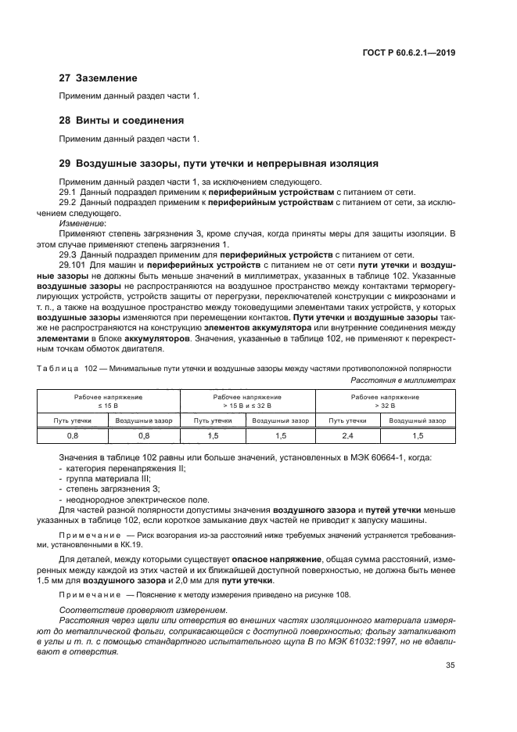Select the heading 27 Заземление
click(99, 78)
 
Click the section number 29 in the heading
click(66, 164)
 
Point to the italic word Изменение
click(83, 223)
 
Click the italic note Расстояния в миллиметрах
click(403, 379)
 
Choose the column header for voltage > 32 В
click(386, 402)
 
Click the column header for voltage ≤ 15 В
click(110, 402)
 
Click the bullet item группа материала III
click(106, 477)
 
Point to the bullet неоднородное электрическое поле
click(128, 498)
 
